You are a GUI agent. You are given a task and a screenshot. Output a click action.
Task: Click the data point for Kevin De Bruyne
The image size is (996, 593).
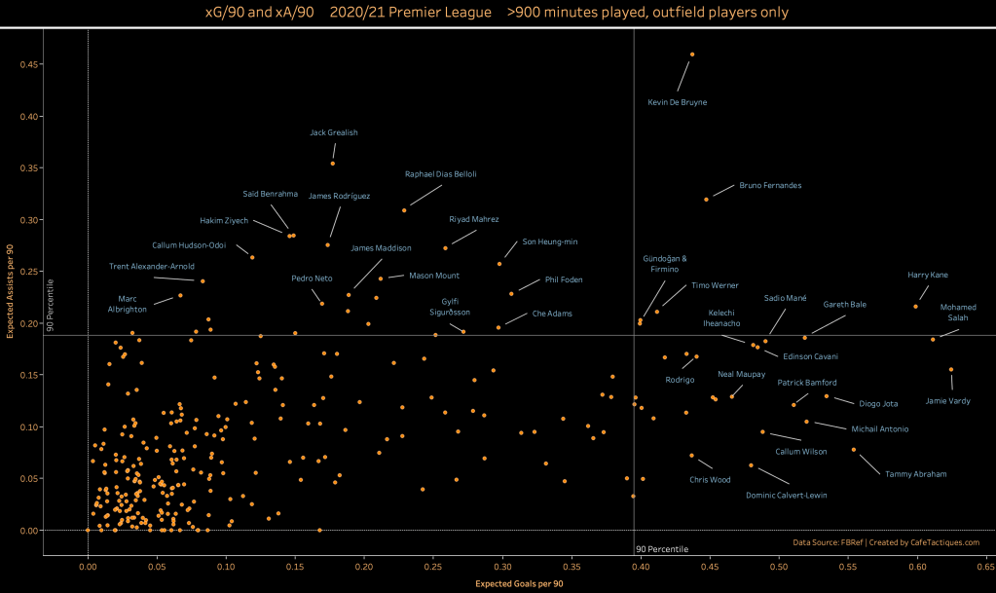(x=692, y=55)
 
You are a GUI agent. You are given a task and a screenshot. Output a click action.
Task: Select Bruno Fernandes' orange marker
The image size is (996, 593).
(x=707, y=200)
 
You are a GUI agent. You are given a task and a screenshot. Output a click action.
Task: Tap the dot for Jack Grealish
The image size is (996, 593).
(x=333, y=163)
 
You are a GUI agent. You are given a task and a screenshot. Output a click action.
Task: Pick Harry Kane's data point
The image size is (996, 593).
(x=915, y=307)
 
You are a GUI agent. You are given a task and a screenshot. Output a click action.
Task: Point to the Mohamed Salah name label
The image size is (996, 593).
(x=958, y=313)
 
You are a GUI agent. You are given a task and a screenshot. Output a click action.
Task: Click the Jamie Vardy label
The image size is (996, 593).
(x=947, y=400)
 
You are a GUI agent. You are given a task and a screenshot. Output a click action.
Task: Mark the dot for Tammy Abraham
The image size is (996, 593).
(x=854, y=450)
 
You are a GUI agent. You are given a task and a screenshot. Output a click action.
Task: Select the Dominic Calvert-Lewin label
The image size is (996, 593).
(x=786, y=495)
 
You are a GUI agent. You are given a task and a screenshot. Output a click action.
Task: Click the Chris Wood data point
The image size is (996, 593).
(x=692, y=456)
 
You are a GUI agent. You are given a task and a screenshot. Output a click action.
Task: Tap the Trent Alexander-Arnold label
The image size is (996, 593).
(x=152, y=266)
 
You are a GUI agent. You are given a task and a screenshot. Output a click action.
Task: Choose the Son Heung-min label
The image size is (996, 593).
(x=550, y=241)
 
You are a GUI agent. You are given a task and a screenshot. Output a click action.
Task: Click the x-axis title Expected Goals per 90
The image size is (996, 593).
(x=518, y=583)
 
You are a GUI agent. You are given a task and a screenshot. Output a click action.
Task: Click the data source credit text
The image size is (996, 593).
(x=885, y=542)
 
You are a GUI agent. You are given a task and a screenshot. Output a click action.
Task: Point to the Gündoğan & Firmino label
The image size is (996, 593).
(x=665, y=263)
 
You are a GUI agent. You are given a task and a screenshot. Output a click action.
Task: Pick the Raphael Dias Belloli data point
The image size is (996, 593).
(x=404, y=210)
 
